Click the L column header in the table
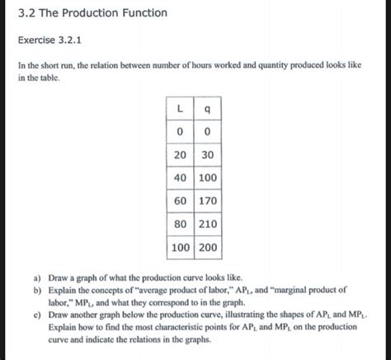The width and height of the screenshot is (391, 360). click(179, 109)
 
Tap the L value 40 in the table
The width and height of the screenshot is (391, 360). click(179, 177)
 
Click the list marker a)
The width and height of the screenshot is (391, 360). click(38, 278)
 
